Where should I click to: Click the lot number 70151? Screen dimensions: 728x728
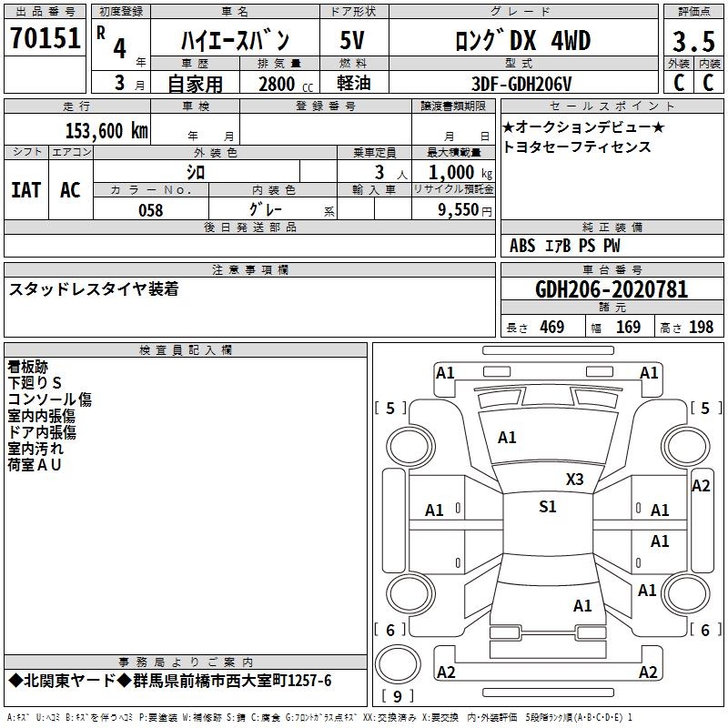45,38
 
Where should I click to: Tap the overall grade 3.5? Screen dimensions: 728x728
693,42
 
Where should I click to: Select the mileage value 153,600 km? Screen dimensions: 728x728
106,131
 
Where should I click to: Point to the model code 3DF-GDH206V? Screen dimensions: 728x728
521,84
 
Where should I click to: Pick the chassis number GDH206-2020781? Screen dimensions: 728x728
612,289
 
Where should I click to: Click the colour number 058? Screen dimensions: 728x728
151,210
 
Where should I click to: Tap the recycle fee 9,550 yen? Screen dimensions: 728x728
465,210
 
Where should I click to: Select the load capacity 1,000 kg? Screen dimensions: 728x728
460,173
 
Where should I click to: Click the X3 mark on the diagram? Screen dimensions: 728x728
574,480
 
